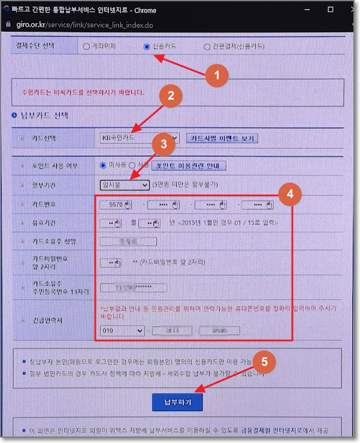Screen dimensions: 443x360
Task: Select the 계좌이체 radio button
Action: click(86, 46)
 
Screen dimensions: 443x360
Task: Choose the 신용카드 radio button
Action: click(147, 46)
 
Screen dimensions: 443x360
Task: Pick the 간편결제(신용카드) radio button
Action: click(207, 46)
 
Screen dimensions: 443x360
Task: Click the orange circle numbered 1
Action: click(217, 76)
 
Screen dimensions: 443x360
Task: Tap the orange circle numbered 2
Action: click(171, 95)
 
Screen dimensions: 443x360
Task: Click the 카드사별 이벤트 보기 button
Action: click(222, 138)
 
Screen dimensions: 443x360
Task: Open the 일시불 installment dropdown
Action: click(125, 185)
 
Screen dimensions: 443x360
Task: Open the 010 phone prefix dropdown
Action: click(123, 330)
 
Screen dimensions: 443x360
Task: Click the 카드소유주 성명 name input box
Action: click(128, 242)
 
